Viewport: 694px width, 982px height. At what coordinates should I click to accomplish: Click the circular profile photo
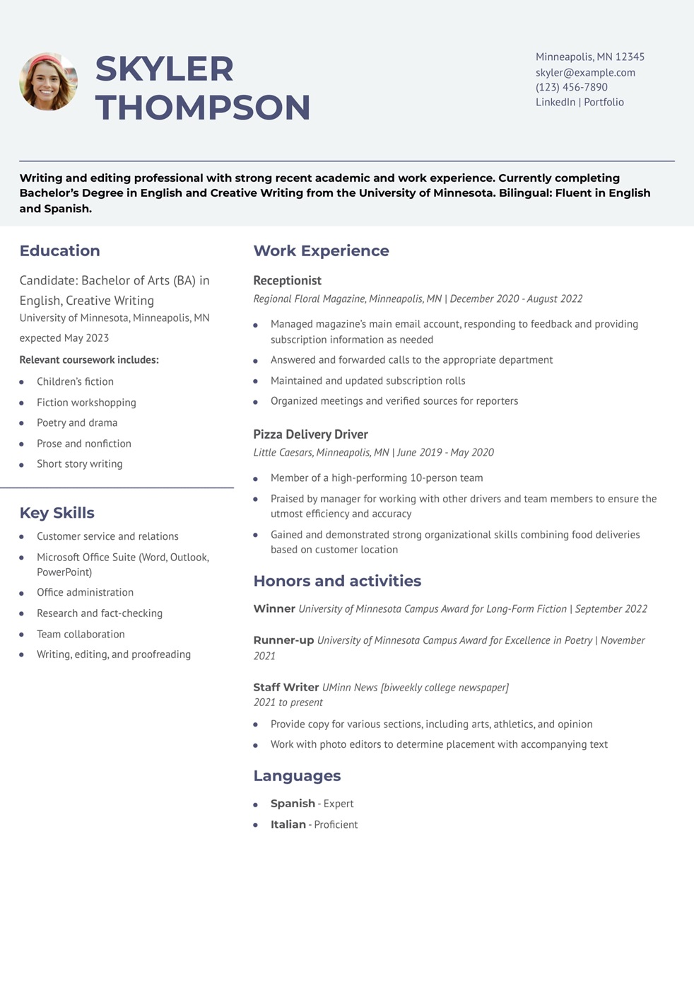(x=48, y=81)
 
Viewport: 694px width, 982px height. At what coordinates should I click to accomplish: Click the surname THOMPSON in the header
(x=203, y=108)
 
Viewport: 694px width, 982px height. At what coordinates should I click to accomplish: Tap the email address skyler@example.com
(x=585, y=72)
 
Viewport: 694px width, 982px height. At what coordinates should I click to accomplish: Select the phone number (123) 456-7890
(x=571, y=87)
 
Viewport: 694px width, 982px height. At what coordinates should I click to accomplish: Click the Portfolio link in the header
(x=604, y=102)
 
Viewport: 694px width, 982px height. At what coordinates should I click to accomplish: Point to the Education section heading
(x=59, y=250)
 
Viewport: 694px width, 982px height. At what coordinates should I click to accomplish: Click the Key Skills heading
(x=57, y=513)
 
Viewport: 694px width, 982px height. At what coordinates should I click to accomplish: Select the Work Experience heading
(x=321, y=250)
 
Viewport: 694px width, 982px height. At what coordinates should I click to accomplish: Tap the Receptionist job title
(x=287, y=280)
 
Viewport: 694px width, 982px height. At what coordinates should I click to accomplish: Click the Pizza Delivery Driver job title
(x=310, y=434)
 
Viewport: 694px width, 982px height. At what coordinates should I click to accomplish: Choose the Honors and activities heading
(x=337, y=581)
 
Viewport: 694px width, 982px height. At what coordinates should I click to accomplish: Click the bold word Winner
(x=274, y=608)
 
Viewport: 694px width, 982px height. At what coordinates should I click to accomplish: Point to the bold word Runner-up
(x=283, y=640)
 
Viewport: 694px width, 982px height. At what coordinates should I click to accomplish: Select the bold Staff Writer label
(x=286, y=687)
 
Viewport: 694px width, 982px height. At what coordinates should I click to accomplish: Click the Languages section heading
(x=297, y=775)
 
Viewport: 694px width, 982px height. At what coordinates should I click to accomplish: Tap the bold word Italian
(x=288, y=824)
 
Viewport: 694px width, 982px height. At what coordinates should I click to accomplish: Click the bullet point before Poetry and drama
(x=22, y=423)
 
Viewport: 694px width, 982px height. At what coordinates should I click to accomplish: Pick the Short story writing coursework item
(x=79, y=463)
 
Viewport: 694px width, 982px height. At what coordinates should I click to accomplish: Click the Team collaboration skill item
(x=81, y=634)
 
